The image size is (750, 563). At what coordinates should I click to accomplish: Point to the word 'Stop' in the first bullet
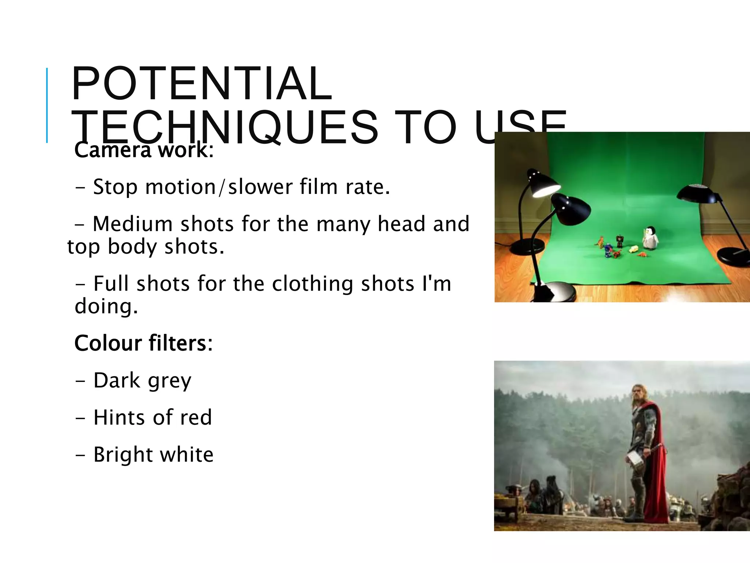coord(115,187)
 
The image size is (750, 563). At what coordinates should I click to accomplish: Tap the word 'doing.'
coord(106,306)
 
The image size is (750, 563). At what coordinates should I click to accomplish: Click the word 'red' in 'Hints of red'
coord(196,417)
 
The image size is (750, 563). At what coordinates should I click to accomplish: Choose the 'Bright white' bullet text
coord(153,455)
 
